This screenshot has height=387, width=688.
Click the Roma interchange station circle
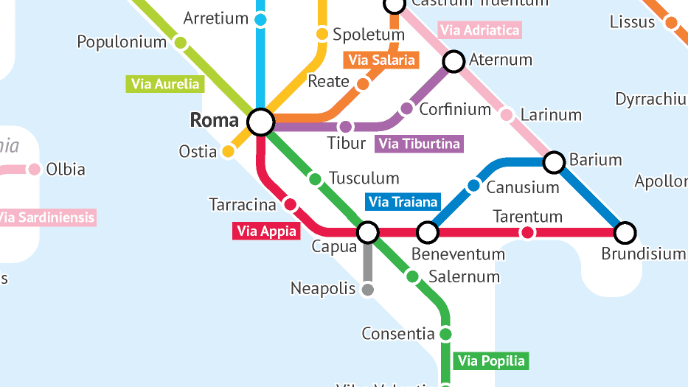tap(260, 122)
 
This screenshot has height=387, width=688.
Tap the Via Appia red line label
tap(267, 231)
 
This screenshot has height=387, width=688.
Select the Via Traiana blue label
tap(403, 202)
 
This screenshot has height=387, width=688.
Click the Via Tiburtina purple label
tap(419, 144)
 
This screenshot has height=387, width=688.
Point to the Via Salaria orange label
tap(381, 60)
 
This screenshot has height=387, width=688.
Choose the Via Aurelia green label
tap(165, 84)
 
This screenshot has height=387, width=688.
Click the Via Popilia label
tap(491, 360)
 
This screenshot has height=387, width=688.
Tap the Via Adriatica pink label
tap(479, 30)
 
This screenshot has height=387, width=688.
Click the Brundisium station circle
tap(625, 233)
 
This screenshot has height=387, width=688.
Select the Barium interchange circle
tap(555, 161)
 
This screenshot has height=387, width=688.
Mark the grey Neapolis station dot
tap(367, 290)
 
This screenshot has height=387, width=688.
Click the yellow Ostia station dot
tap(229, 152)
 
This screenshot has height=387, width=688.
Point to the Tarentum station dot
tap(527, 233)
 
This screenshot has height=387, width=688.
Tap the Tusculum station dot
tap(315, 179)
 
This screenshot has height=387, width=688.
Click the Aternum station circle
tap(454, 60)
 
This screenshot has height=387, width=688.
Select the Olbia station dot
tap(34, 170)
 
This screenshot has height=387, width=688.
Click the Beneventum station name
tap(458, 254)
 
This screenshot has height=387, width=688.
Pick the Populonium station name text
tap(122, 42)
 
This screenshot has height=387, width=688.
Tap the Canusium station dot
tap(473, 186)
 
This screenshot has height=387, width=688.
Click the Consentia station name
tap(398, 334)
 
